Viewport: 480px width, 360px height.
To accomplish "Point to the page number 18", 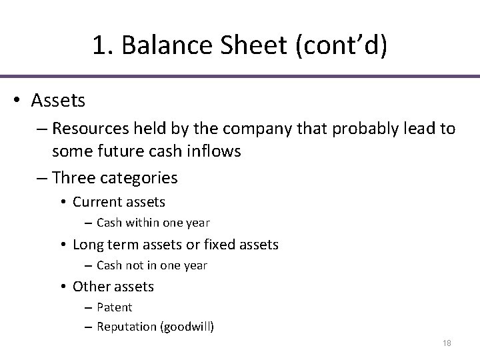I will [447, 343].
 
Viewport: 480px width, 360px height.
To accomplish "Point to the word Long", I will [87, 245].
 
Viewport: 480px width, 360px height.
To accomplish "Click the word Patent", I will [115, 307].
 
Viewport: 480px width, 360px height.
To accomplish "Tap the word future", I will [113, 152].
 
